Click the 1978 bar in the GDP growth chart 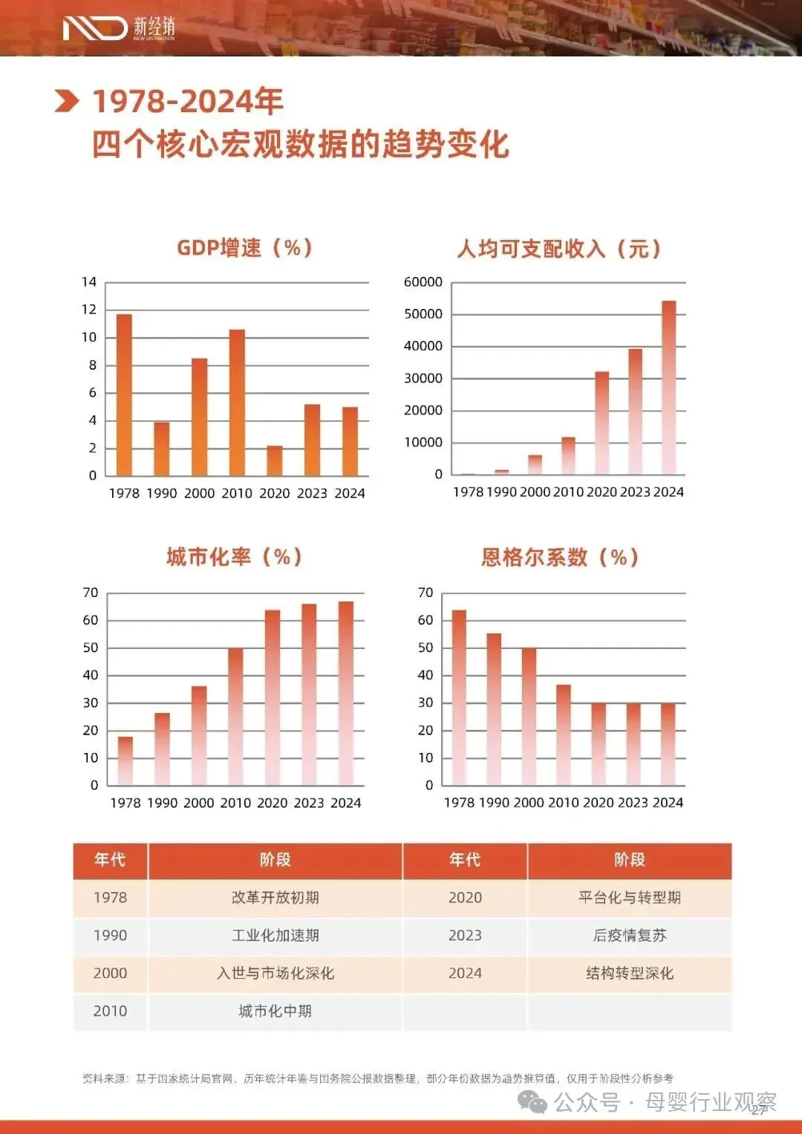click(x=124, y=395)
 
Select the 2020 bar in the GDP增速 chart click(x=275, y=460)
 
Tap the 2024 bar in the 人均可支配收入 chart click(x=669, y=388)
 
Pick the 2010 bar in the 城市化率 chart click(x=235, y=717)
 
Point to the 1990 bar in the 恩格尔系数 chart click(x=494, y=709)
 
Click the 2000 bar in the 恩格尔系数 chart click(x=529, y=717)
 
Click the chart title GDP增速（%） click(x=245, y=248)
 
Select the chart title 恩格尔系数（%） click(x=560, y=558)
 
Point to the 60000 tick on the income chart click(x=423, y=282)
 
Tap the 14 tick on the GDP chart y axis click(x=89, y=282)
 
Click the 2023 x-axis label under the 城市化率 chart click(x=309, y=803)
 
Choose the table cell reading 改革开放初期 click(x=276, y=898)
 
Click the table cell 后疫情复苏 click(x=630, y=935)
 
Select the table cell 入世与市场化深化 click(x=276, y=973)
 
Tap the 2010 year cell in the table click(x=110, y=1011)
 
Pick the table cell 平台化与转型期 click(x=630, y=898)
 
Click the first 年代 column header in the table click(x=110, y=860)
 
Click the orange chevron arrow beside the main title click(x=66, y=101)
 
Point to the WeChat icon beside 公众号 click(x=532, y=1101)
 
